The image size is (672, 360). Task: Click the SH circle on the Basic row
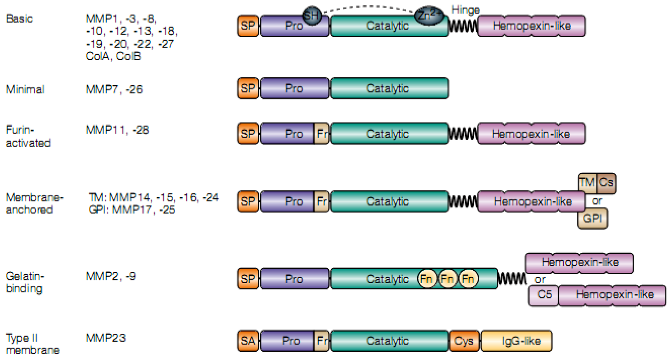(x=312, y=16)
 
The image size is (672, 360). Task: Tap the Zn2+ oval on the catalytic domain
(x=429, y=15)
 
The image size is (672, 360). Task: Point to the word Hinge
(x=466, y=10)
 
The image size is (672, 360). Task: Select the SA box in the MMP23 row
(x=248, y=341)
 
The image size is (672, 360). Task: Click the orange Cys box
(x=464, y=341)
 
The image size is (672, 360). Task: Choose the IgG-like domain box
(x=517, y=341)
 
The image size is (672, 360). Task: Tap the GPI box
(x=592, y=218)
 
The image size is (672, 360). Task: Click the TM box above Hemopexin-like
(x=587, y=183)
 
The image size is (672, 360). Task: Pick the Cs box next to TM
(x=606, y=183)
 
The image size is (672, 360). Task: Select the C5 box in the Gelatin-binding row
(x=544, y=294)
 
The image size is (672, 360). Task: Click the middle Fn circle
(x=447, y=279)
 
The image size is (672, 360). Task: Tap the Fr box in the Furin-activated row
(x=321, y=134)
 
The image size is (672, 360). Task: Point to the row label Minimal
(x=25, y=89)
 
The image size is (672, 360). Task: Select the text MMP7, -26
(x=114, y=89)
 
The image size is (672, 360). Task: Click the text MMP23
(x=106, y=338)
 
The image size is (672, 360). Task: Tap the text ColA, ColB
(x=113, y=56)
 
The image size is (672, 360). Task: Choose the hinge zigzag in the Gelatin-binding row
(x=512, y=278)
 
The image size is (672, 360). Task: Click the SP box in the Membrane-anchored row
(x=248, y=201)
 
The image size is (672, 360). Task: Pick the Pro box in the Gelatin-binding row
(x=294, y=279)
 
